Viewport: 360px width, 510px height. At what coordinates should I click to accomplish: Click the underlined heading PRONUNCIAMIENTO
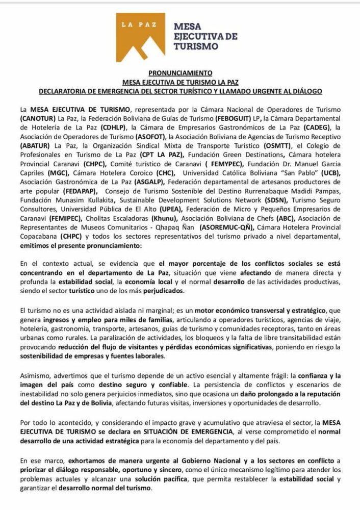(x=181, y=73)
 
